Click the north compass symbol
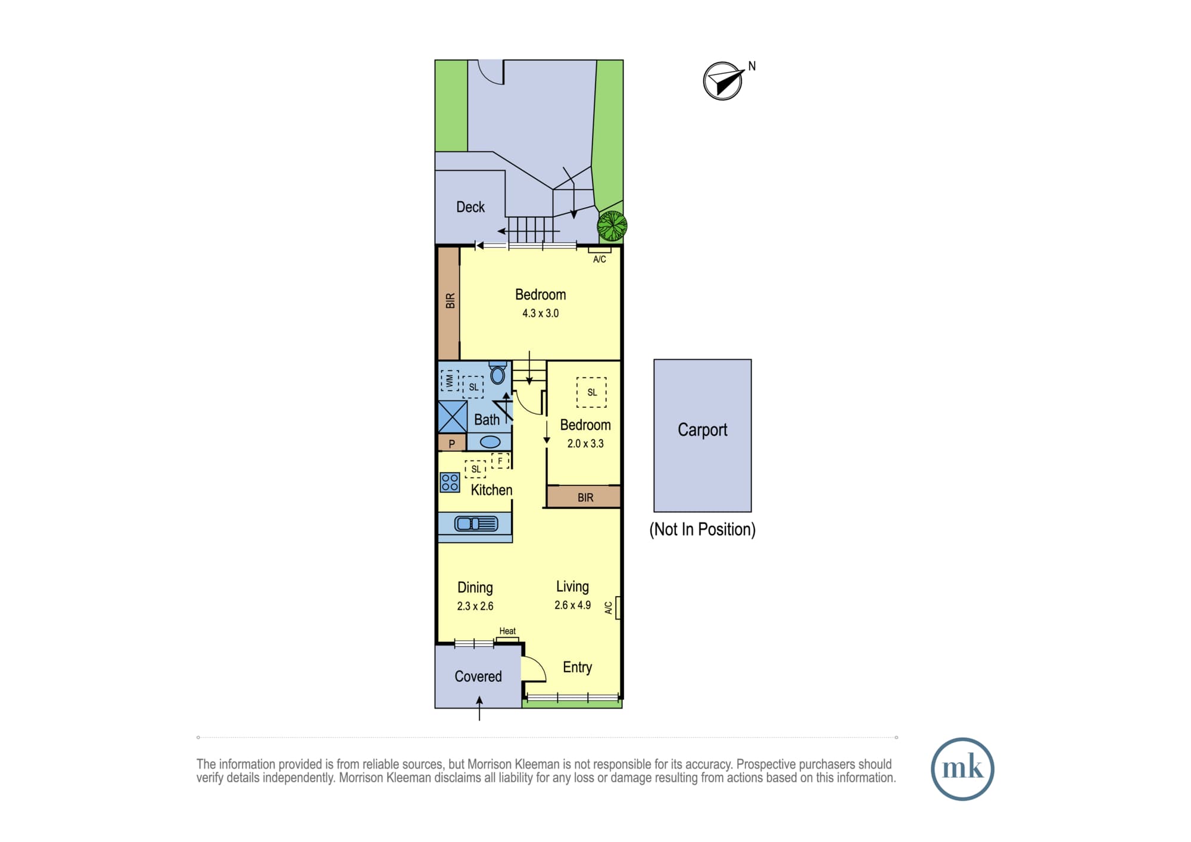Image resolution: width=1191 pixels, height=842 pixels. click(724, 81)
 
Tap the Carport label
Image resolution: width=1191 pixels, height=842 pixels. click(703, 430)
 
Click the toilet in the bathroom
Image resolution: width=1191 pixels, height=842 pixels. click(498, 374)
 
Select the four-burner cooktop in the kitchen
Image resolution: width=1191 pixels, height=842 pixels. click(450, 482)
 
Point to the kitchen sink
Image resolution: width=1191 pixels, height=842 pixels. click(476, 524)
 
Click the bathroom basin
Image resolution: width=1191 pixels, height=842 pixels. click(490, 442)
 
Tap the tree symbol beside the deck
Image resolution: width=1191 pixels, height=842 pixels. click(612, 226)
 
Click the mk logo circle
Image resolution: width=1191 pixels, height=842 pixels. click(962, 769)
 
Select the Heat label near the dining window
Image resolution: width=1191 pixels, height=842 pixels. click(507, 631)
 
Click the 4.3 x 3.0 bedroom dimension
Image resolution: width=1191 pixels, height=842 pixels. click(541, 313)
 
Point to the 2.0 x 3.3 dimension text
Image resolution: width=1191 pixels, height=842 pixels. click(585, 444)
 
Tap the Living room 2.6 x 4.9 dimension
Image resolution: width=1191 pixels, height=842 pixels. click(573, 605)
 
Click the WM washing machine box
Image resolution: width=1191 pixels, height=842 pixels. click(450, 381)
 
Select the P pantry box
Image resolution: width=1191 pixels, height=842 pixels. click(452, 443)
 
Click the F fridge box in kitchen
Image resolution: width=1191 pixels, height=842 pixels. click(501, 461)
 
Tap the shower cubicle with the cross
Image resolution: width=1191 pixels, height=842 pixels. click(453, 417)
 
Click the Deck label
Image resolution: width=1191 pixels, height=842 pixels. click(470, 207)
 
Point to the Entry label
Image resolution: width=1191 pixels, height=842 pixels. click(578, 668)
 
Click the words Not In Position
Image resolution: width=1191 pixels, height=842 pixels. click(703, 529)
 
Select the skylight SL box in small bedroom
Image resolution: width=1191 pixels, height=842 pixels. click(591, 392)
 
